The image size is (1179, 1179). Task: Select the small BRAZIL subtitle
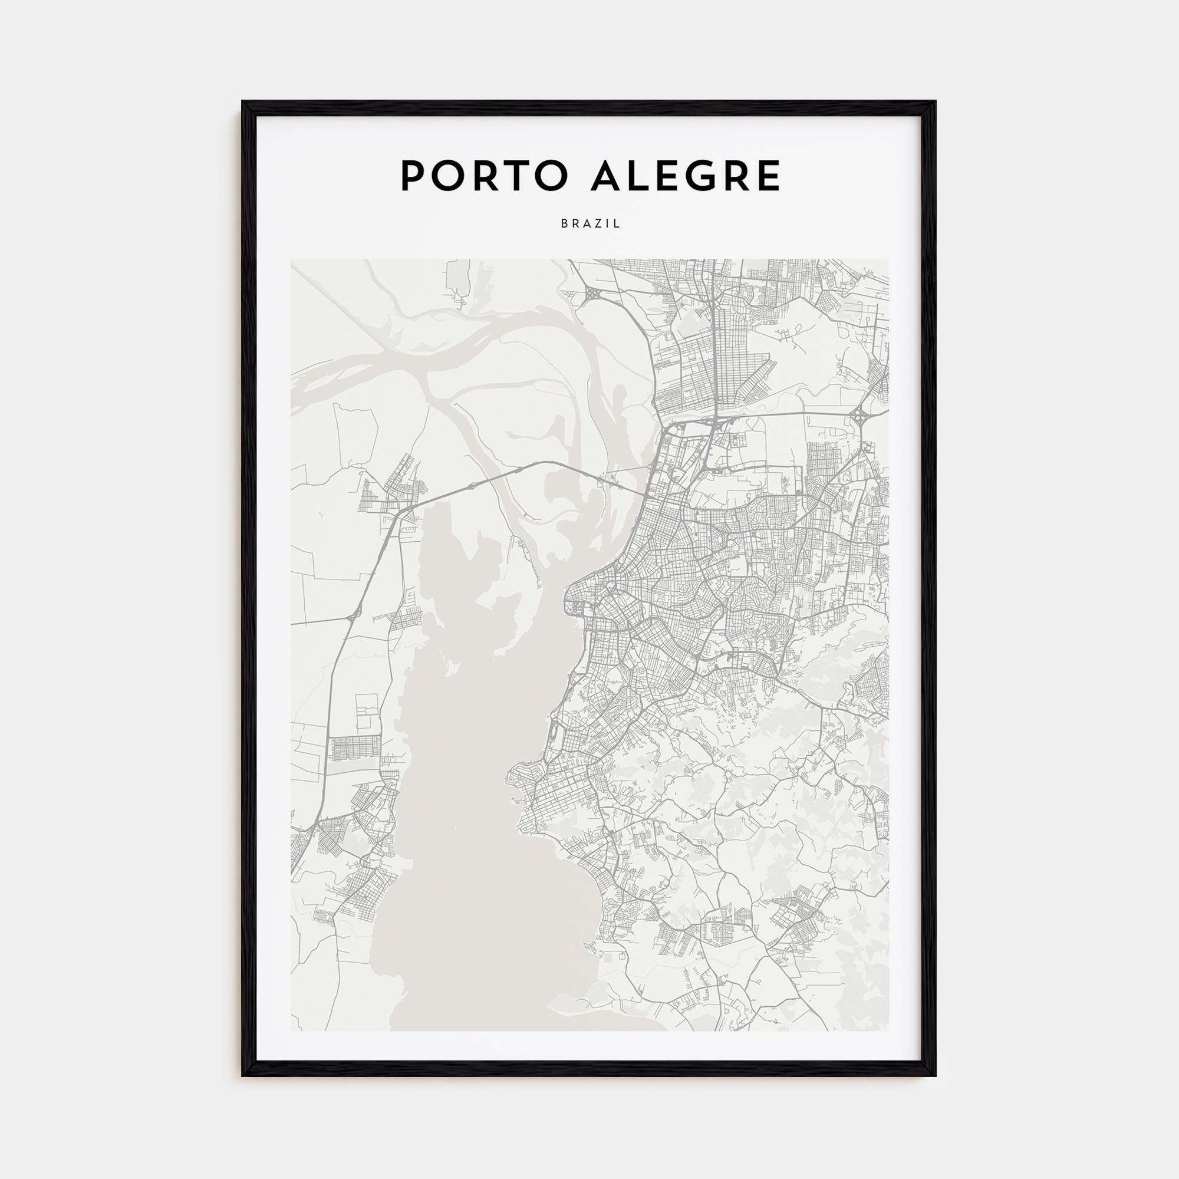[590, 224]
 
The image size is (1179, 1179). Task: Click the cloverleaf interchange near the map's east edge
[861, 417]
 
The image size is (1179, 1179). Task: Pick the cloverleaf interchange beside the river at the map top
[591, 295]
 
